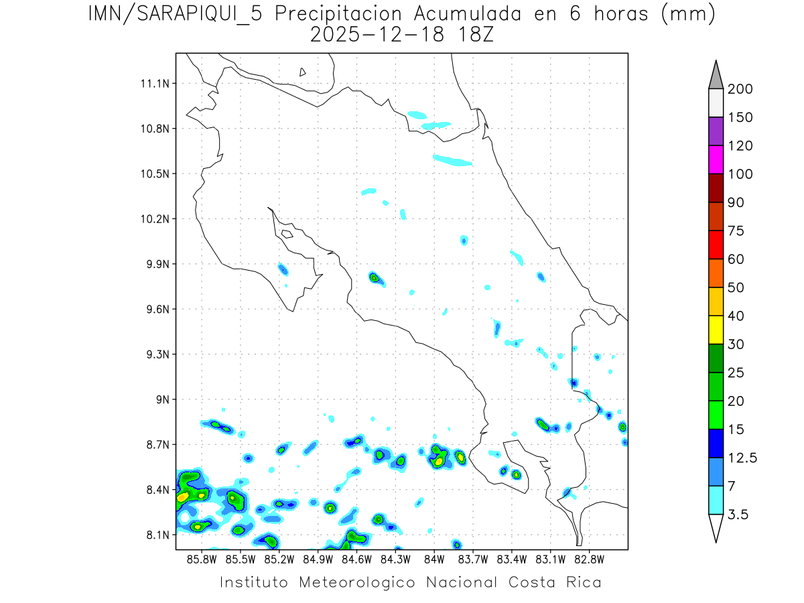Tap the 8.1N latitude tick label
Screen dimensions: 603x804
(155, 535)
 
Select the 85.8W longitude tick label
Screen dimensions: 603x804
(202, 559)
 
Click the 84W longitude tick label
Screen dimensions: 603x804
(434, 559)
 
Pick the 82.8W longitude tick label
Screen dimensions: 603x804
(589, 559)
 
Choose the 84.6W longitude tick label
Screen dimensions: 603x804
(357, 559)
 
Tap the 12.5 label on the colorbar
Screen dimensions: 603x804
(742, 458)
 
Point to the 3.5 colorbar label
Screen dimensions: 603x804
(739, 515)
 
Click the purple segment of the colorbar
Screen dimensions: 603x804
(716, 131)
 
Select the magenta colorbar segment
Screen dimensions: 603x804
(716, 159)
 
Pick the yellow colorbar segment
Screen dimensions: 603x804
(716, 330)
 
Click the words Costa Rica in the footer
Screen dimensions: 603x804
(555, 582)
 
